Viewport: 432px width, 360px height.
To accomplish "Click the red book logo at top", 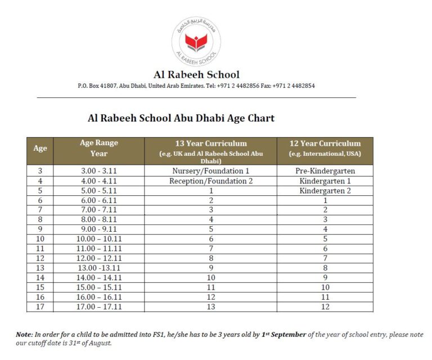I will (x=196, y=42).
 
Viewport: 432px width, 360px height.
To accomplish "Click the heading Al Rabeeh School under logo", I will (x=196, y=74).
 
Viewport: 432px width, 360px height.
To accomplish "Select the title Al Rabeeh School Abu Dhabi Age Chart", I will (x=181, y=118).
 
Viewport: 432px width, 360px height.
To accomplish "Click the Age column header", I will (x=40, y=148).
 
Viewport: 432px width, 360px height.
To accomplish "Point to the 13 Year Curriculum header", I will (x=210, y=143).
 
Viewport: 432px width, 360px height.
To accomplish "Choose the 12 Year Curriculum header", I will (x=325, y=143).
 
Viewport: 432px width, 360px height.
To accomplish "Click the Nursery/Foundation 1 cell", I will (x=210, y=170).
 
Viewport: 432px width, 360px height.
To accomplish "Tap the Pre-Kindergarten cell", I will (x=325, y=170).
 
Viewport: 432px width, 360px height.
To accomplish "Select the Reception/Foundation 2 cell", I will (x=210, y=181).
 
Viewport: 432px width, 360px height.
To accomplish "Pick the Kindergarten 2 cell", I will (x=325, y=191).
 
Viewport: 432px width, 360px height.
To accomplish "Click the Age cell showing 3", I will (x=40, y=170).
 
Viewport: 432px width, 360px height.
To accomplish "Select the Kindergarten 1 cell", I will (x=325, y=181).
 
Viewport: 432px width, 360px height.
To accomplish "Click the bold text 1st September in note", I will (x=283, y=335).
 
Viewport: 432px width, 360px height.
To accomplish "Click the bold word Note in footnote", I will (x=24, y=335).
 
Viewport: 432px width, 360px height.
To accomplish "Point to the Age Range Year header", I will (x=99, y=148).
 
